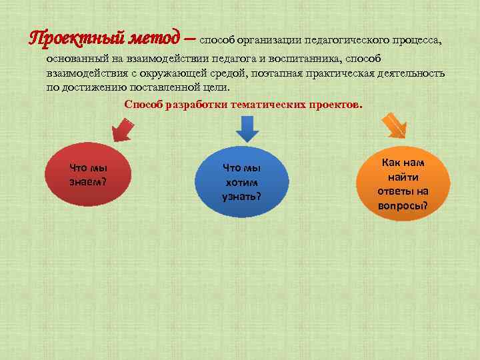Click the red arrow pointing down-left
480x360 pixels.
pyautogui.click(x=122, y=127)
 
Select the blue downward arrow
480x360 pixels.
pyautogui.click(x=247, y=127)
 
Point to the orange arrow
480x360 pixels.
pyautogui.click(x=393, y=125)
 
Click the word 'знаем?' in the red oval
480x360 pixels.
pyautogui.click(x=88, y=181)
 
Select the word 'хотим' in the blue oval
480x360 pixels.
pyautogui.click(x=241, y=182)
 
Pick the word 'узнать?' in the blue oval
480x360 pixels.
pyautogui.click(x=241, y=196)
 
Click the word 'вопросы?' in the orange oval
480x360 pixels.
pyautogui.click(x=403, y=206)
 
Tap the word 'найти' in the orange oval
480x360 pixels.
pyautogui.click(x=403, y=177)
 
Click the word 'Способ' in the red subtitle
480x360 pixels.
pyautogui.click(x=143, y=105)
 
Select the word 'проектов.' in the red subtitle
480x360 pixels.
pyautogui.click(x=333, y=105)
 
